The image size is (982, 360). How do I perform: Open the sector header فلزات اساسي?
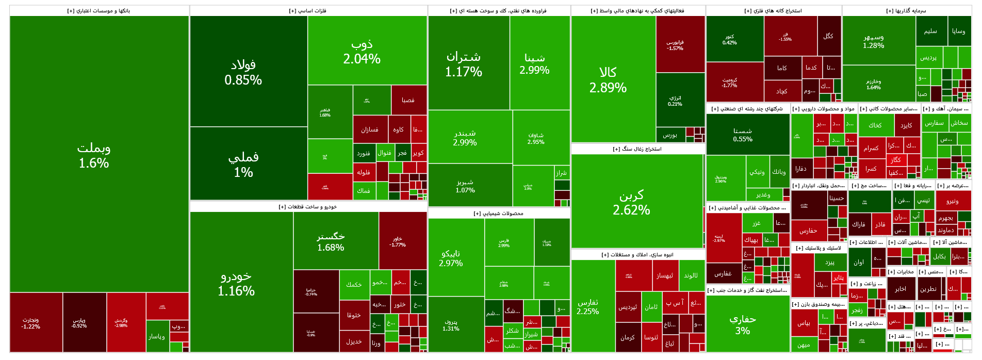308,11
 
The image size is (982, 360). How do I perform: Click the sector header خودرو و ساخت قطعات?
308,207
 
